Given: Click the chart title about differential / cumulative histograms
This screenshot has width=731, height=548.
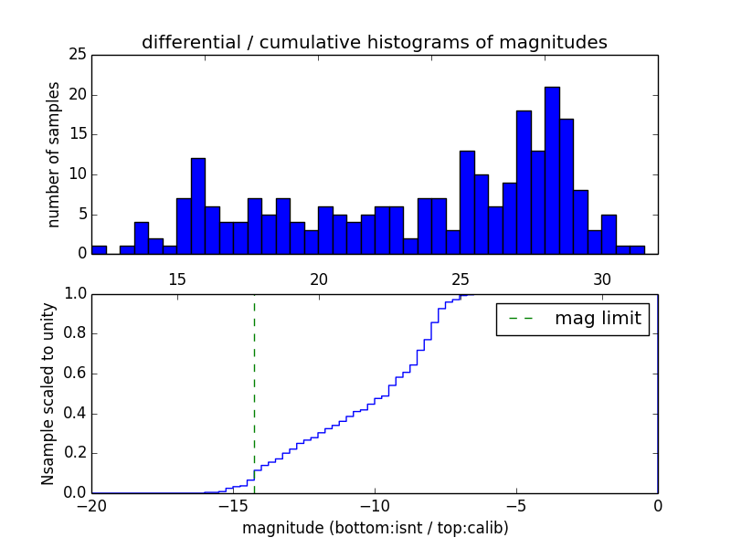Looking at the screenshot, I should pos(375,42).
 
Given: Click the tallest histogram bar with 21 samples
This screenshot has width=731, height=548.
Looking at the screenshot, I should pos(552,170).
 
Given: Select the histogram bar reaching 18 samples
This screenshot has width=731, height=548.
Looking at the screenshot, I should pos(524,182).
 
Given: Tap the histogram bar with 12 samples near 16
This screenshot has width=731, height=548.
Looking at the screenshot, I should pos(198,205).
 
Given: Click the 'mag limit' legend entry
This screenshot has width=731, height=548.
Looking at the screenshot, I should pos(573,319).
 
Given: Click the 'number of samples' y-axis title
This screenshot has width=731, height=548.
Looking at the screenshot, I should pos(54,153).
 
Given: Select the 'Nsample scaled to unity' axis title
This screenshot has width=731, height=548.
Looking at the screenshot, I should pos(48,393).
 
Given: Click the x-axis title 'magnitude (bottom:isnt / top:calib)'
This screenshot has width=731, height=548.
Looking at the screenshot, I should pos(375,528).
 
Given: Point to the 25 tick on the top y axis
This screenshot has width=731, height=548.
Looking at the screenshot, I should pos(78,55).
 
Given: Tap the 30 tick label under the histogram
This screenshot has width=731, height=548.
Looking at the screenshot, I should pos(602,279).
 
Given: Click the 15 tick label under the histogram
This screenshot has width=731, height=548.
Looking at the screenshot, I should pos(177,279).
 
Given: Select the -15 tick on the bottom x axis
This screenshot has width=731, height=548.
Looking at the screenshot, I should pos(233,505).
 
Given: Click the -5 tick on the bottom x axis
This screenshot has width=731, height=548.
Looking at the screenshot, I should pos(516,505).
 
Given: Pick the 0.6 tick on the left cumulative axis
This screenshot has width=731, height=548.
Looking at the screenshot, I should pos(73,374).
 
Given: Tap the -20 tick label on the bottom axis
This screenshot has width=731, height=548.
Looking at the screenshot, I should pos(91,505).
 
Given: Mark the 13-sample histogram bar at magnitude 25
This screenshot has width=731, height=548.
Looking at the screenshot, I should pos(467,202).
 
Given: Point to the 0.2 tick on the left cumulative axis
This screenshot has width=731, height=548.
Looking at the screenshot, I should pos(73,453).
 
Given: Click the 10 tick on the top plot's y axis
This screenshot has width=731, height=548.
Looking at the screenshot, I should pos(78,174).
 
